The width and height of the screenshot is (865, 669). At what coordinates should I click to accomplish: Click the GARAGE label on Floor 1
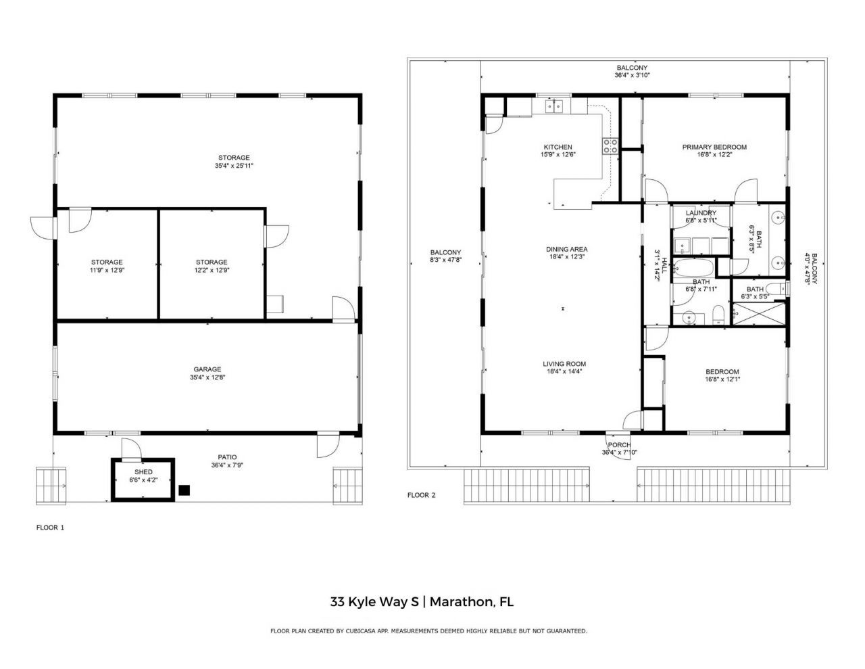tap(208, 369)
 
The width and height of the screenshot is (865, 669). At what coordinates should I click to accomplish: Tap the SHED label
tap(143, 471)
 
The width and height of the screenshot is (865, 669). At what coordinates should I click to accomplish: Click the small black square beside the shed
tap(184, 490)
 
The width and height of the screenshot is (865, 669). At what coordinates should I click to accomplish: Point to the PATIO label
tap(227, 457)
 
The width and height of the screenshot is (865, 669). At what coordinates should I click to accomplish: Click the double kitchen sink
tap(555, 106)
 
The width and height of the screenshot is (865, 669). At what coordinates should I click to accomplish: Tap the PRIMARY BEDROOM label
tap(714, 147)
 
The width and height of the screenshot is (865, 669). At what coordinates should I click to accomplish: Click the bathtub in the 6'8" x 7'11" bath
tap(693, 268)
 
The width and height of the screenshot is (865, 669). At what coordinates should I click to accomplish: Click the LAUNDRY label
tap(700, 213)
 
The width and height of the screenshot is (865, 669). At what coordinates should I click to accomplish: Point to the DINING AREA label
tap(566, 249)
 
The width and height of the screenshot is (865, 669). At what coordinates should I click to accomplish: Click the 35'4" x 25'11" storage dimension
tap(234, 165)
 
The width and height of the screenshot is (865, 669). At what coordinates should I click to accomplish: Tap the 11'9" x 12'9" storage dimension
tap(107, 270)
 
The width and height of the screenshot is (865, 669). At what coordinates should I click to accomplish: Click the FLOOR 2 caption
tap(421, 495)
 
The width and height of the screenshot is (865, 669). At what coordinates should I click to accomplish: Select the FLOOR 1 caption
tap(50, 527)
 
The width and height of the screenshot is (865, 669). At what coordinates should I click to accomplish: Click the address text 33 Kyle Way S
tap(374, 601)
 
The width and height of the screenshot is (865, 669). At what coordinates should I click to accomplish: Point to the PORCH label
tap(619, 444)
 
